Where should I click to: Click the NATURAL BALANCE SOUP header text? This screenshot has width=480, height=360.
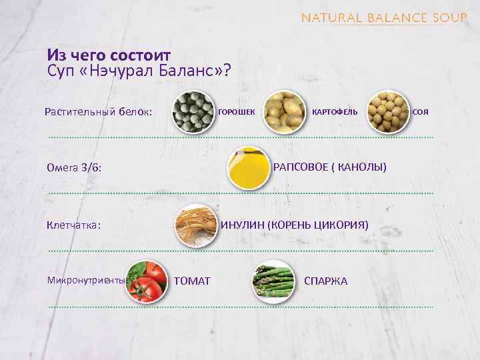[384, 18]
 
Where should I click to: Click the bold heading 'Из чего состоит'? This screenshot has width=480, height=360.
[109, 54]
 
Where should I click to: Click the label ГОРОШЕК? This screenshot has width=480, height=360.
[237, 111]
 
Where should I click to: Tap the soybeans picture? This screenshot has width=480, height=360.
[389, 111]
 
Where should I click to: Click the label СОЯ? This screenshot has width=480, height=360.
[421, 111]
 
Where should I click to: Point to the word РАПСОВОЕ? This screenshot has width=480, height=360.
[299, 165]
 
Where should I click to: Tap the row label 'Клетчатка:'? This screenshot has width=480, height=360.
[74, 225]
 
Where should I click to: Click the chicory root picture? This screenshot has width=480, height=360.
[198, 225]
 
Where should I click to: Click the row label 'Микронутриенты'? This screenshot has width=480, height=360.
[86, 281]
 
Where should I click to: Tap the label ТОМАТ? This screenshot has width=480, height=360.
[192, 281]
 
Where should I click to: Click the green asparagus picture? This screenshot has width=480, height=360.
[273, 281]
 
